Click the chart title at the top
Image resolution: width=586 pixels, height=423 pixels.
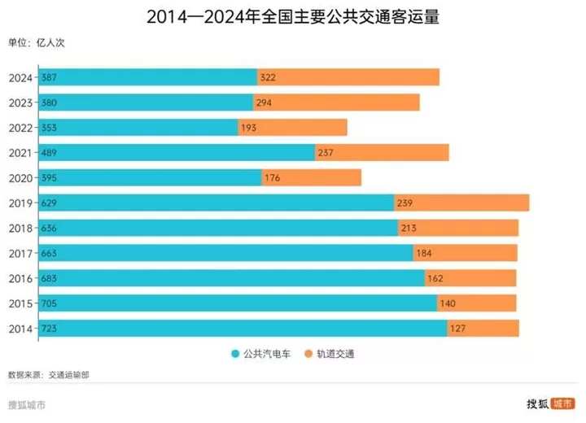(x=293, y=17)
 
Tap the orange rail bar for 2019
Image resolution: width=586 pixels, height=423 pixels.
(x=461, y=203)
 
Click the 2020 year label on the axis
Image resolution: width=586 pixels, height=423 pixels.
(x=20, y=177)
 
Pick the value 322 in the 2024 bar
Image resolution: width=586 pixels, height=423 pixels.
(x=269, y=77)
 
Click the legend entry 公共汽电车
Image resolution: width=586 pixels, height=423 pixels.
(x=260, y=354)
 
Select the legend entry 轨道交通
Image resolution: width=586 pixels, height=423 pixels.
(x=329, y=354)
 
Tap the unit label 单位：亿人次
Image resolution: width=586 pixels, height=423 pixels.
(x=36, y=43)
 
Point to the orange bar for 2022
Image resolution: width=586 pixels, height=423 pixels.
(x=292, y=128)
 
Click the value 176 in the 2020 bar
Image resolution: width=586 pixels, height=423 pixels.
(x=273, y=178)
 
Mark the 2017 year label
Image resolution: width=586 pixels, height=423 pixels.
(x=20, y=253)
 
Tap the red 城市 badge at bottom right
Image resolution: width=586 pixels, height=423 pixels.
(x=562, y=403)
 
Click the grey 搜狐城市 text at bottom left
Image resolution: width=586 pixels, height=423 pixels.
(x=26, y=404)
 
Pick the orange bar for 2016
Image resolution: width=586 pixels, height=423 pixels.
(x=470, y=278)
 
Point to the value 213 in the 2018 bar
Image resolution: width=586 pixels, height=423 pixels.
(x=409, y=229)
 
